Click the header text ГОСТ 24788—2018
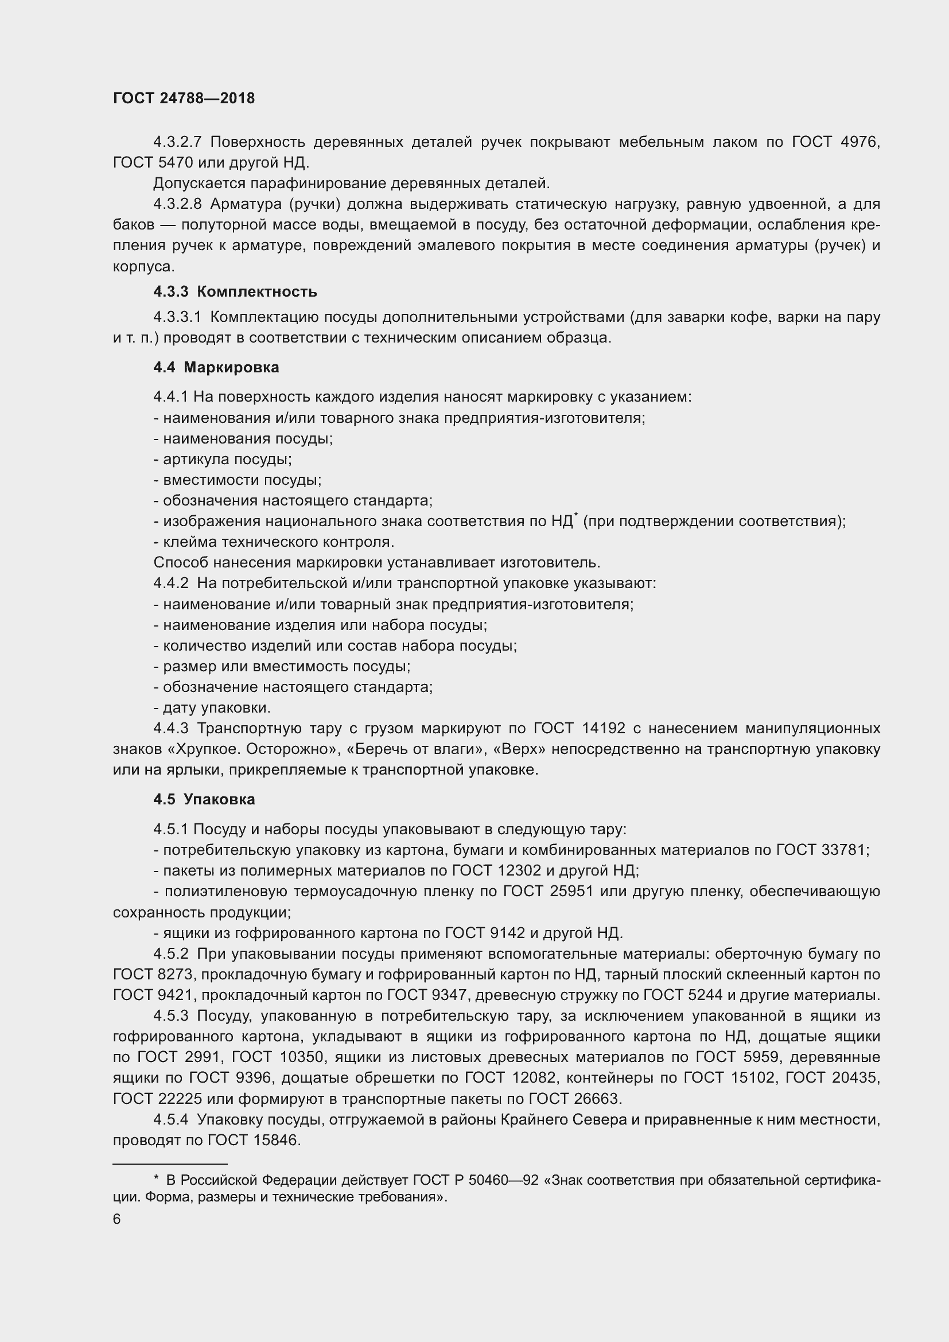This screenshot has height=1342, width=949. [x=184, y=98]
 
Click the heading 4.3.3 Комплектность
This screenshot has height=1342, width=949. [x=235, y=291]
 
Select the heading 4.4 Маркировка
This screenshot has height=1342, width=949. [x=216, y=367]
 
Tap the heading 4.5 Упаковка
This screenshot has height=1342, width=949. [x=204, y=799]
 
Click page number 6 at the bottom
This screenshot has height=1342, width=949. [x=117, y=1219]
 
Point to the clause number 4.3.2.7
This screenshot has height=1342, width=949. [x=177, y=142]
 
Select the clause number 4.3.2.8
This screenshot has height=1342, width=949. [x=177, y=204]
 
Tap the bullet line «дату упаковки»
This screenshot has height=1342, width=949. [x=212, y=708]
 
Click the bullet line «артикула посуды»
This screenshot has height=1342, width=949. [x=223, y=459]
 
